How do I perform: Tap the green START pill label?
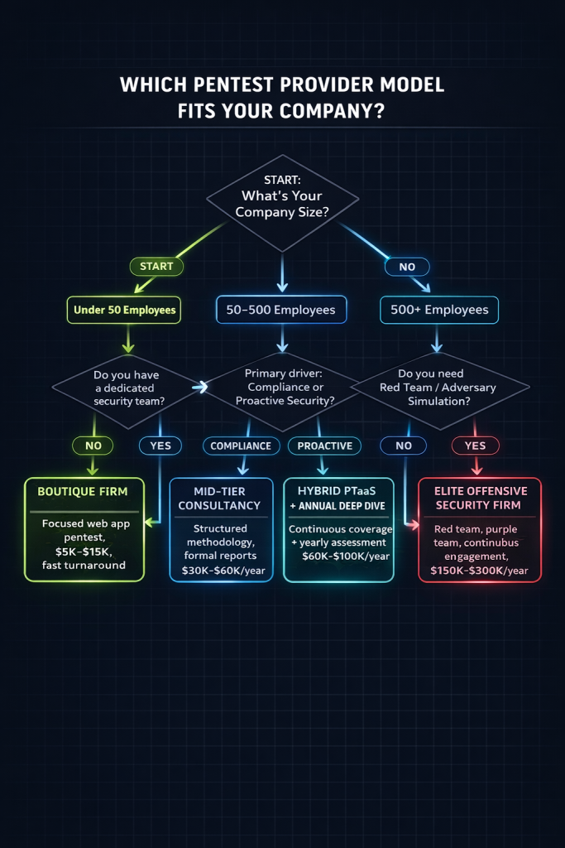[x=156, y=266]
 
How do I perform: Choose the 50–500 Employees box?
[x=280, y=310]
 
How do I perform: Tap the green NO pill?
[x=92, y=446]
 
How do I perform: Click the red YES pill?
[x=476, y=446]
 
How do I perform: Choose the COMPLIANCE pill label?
[x=240, y=446]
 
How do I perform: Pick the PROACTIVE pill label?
[x=323, y=446]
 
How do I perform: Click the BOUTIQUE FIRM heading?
[x=83, y=491]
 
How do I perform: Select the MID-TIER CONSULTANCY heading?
[x=220, y=498]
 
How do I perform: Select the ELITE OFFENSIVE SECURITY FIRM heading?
[x=480, y=498]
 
